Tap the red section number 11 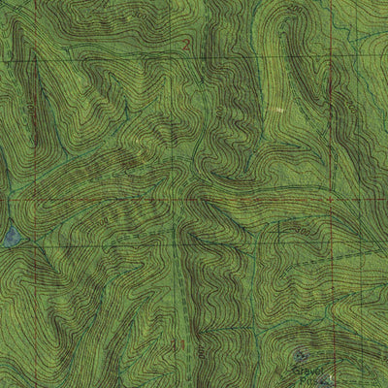coord(178,344)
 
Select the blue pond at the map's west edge coord(9,236)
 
